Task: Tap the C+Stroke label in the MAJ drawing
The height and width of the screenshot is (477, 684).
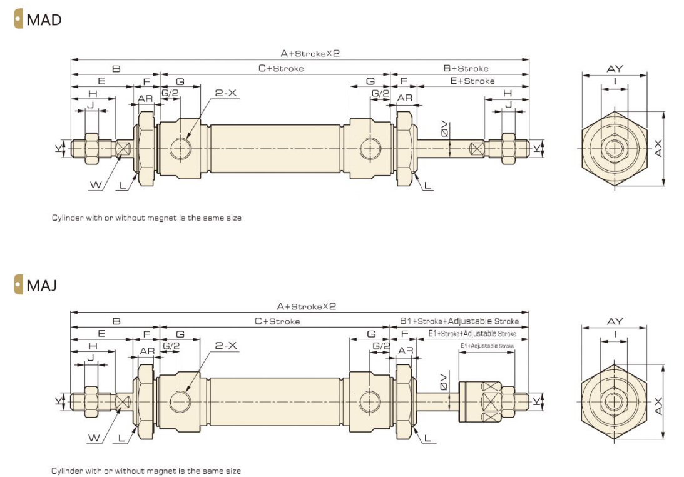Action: click(277, 321)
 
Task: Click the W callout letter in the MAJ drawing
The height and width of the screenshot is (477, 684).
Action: click(93, 439)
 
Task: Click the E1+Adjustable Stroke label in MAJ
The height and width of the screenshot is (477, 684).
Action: click(487, 346)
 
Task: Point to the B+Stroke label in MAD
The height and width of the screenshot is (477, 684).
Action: click(466, 68)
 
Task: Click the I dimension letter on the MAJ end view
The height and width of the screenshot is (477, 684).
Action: click(615, 334)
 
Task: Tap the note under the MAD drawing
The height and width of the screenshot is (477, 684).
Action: click(146, 218)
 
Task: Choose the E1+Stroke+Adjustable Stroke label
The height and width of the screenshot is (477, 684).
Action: click(472, 334)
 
